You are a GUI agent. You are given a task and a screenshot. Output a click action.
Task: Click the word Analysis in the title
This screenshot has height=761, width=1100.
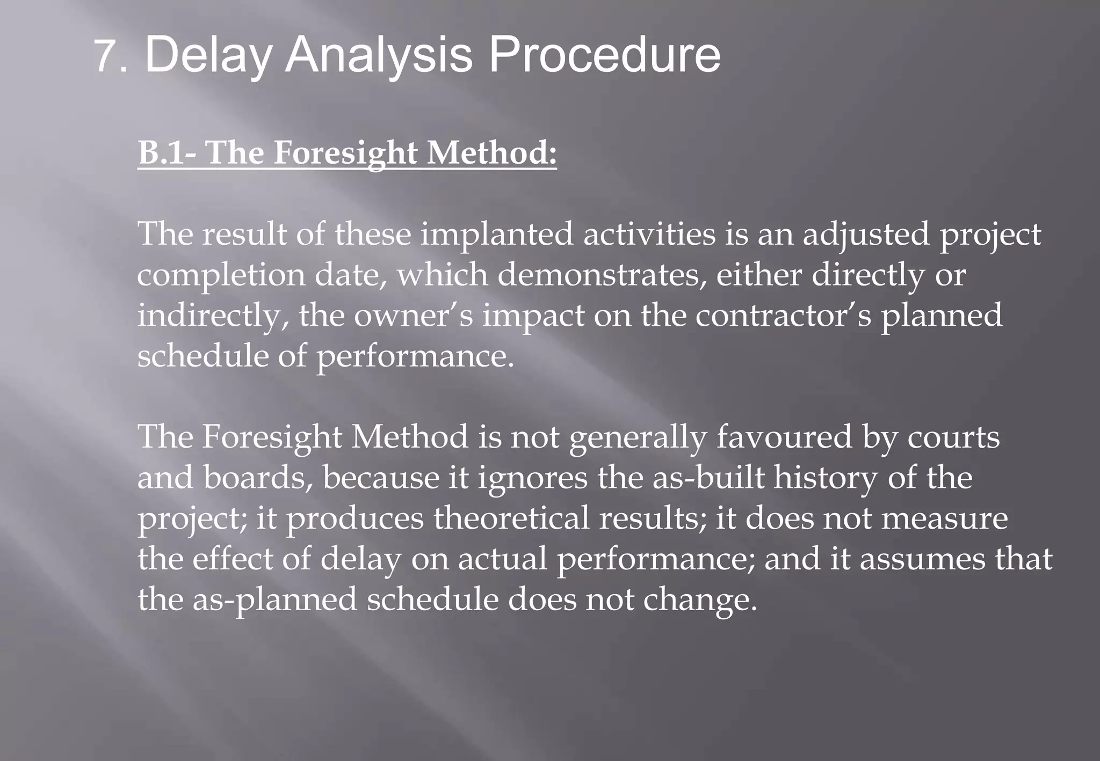(x=378, y=55)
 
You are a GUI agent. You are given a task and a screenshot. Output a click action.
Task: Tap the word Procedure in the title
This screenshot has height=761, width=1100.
(x=604, y=55)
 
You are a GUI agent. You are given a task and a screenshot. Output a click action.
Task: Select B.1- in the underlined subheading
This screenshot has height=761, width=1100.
(x=167, y=152)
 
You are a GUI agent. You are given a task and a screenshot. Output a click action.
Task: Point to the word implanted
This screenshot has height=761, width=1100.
(x=497, y=235)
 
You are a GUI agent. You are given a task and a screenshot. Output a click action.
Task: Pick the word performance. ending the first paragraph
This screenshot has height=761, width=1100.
(x=415, y=356)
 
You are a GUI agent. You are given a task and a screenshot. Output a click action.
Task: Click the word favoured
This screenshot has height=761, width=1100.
(x=784, y=437)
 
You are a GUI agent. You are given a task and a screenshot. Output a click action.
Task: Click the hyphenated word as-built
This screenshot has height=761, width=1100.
(x=708, y=478)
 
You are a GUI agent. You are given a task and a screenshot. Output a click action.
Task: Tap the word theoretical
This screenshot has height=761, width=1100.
(x=511, y=518)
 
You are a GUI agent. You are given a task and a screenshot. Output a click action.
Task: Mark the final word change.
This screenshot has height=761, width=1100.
(x=700, y=599)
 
